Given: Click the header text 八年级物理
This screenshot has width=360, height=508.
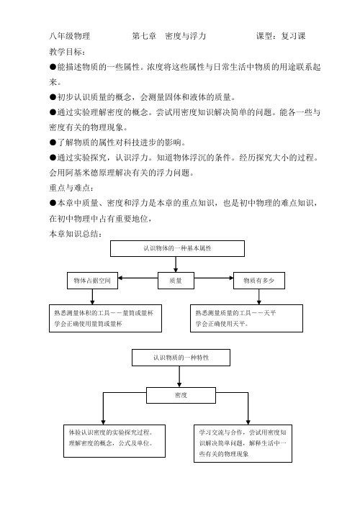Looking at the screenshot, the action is click(x=69, y=36).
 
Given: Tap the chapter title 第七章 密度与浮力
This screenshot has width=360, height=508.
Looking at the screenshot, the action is click(x=168, y=36).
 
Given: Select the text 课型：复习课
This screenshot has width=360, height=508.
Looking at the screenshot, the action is click(x=281, y=36).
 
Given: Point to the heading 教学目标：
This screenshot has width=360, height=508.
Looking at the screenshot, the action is click(x=68, y=52).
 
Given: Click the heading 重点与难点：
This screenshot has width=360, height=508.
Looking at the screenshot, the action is click(x=72, y=188).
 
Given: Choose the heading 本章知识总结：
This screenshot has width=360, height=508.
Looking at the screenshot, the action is click(x=76, y=234).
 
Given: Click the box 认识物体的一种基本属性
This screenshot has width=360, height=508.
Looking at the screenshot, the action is click(x=177, y=248).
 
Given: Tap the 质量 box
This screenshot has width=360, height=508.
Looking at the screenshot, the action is click(x=176, y=281).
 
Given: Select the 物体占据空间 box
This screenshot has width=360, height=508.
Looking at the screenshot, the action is click(x=92, y=281).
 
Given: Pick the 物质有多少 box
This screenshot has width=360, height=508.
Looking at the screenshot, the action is click(x=259, y=281).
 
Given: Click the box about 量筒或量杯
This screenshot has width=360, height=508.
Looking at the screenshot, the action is click(x=105, y=318).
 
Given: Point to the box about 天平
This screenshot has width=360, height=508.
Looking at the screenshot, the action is click(x=246, y=318).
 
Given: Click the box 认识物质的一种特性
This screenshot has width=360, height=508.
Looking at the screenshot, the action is click(x=181, y=358).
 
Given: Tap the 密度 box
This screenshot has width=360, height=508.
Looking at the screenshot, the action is click(x=181, y=395).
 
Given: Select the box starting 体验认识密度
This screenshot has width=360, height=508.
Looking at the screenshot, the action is click(x=114, y=441).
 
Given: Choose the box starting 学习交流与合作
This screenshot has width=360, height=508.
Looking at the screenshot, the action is click(x=243, y=443).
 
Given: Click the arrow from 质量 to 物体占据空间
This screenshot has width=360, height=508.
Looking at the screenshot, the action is click(x=138, y=278).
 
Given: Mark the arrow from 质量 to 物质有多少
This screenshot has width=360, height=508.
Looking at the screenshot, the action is click(x=214, y=278).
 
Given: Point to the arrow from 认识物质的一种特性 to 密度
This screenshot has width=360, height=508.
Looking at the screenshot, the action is click(x=179, y=376).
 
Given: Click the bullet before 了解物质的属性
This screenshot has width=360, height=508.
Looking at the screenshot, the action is click(x=53, y=142).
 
